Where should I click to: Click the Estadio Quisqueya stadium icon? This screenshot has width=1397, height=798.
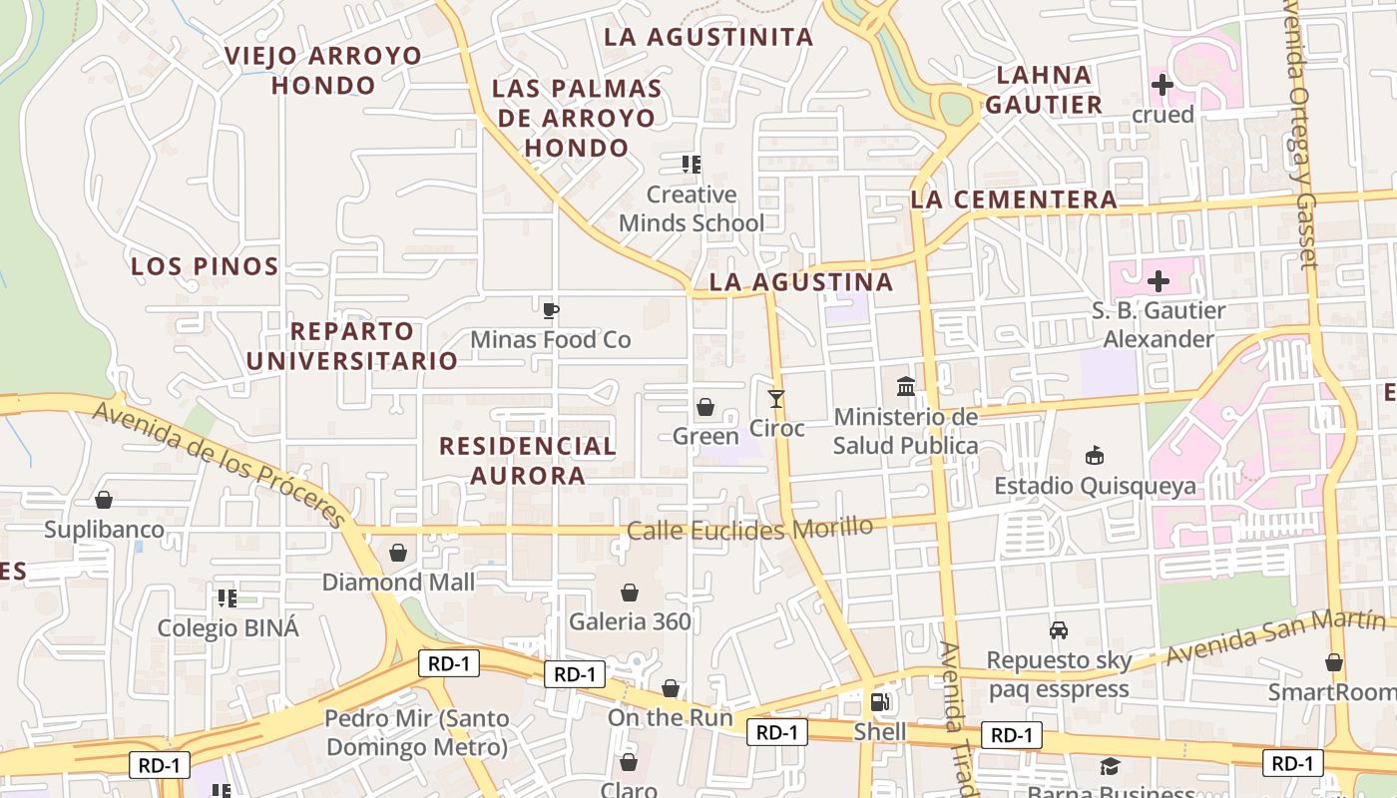point(1095,456)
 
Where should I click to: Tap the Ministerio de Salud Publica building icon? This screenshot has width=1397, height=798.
point(906,385)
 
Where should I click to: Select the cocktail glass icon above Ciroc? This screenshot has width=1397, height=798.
point(776,398)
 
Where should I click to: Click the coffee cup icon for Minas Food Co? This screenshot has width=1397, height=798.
point(550,310)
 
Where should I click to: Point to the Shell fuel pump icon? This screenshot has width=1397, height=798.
point(879,702)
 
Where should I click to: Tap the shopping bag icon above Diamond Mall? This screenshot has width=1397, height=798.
point(398,552)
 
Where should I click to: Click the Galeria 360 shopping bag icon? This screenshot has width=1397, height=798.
point(630,593)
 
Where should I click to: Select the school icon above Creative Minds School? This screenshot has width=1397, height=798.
point(691,164)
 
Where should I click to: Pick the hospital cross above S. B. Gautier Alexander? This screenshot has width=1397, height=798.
point(1158,281)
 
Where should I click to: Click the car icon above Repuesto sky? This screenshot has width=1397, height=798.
point(1058,630)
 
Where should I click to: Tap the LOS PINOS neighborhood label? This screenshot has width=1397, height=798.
point(205,266)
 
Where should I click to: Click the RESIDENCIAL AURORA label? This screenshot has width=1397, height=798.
point(528,460)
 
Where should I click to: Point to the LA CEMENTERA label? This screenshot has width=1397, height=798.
point(1013,199)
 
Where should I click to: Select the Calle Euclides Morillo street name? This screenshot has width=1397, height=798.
point(749,528)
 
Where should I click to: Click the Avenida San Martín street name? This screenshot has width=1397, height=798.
point(1261,637)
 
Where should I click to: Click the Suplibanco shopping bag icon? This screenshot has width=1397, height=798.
point(103,500)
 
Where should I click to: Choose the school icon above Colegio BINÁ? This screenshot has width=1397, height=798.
point(228,598)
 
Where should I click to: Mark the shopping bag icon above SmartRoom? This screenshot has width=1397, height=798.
point(1334,662)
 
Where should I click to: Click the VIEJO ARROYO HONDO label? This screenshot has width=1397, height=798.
point(323,70)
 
